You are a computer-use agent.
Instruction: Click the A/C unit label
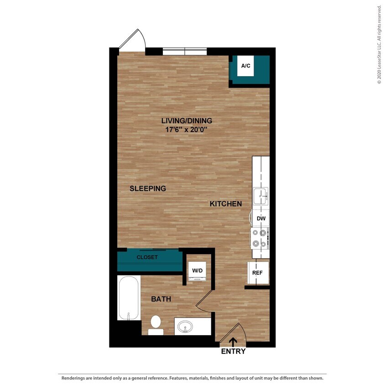(246, 66)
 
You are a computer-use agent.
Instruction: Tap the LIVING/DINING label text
(187, 121)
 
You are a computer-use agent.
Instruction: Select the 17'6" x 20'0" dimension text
(187, 129)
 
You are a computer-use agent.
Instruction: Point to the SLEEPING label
(147, 188)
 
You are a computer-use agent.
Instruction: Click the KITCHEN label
(225, 204)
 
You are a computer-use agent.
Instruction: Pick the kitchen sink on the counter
(261, 196)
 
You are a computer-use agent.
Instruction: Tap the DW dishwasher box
(261, 219)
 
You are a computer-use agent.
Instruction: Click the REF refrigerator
(257, 273)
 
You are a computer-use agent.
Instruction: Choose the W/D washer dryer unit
(197, 271)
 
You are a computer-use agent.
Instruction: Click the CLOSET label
(147, 257)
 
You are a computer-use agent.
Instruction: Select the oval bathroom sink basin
(186, 327)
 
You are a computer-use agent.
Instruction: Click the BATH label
(161, 299)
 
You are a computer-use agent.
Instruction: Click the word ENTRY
(233, 352)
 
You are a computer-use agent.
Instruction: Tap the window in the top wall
(185, 51)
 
